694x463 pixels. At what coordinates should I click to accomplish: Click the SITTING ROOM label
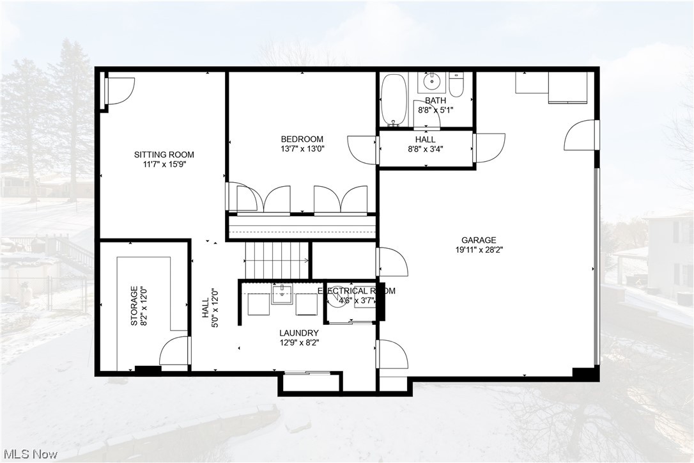point(164,154)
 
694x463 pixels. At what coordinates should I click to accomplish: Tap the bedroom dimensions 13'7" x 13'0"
point(302,149)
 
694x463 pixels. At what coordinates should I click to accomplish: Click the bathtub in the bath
point(393,99)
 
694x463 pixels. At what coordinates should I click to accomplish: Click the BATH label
point(435,100)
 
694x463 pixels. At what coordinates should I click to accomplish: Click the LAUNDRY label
point(298,333)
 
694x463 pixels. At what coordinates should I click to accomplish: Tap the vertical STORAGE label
point(134,306)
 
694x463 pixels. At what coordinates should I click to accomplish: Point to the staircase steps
point(275,260)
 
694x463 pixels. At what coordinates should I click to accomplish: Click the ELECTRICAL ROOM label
point(357,290)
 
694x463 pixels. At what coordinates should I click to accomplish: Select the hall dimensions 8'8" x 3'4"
point(425,149)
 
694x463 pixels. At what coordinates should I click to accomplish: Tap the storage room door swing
point(174,352)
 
